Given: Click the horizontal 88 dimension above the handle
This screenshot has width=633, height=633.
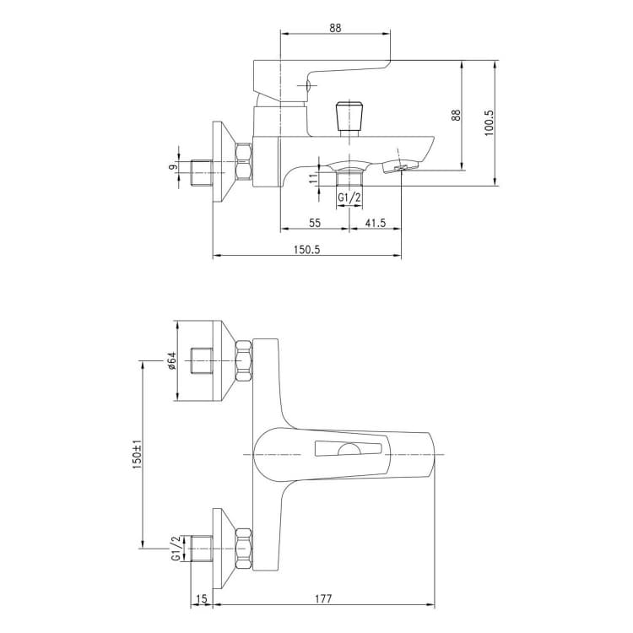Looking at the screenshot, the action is tap(335, 28).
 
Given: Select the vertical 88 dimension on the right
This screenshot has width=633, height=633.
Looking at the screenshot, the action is tap(456, 115).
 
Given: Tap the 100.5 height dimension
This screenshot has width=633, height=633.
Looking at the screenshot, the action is tap(489, 122).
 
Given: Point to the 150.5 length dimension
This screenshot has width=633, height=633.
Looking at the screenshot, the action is tap(306, 250).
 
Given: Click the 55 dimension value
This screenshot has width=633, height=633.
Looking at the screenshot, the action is tap(315, 223).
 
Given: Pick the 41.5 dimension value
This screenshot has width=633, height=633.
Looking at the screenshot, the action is tap(376, 223).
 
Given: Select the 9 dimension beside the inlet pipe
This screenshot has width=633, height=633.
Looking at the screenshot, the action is tap(173, 167).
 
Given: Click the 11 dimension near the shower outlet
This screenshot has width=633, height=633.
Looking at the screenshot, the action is tap(314, 179).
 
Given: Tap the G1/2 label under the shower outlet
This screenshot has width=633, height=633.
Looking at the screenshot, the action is tap(349, 197).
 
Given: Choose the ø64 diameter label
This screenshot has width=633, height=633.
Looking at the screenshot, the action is tap(172, 361).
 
